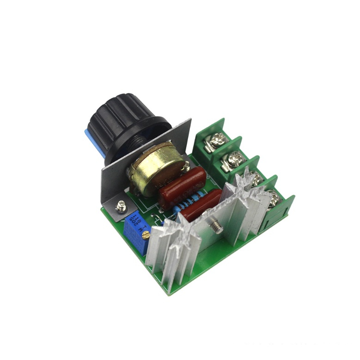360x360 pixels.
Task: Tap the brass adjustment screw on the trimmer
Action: coord(146,236)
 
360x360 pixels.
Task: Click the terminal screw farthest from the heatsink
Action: coord(217,139)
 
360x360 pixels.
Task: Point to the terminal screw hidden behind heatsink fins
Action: coord(253,178)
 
